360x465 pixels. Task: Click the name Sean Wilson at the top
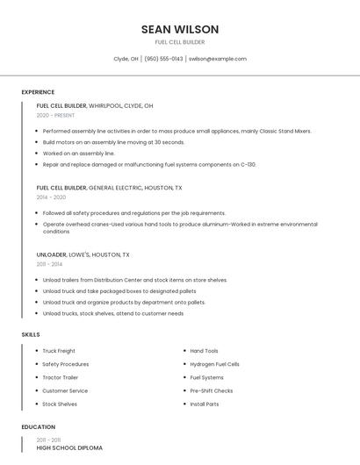point(179,29)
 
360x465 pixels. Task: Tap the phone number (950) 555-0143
point(163,59)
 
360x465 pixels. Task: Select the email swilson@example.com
point(218,59)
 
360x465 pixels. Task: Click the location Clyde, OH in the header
point(126,59)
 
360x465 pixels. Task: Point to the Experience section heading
point(38,92)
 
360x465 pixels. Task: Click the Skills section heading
point(31,334)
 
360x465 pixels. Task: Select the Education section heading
point(38,427)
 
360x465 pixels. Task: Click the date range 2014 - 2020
point(51,197)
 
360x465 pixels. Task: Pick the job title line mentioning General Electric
point(109,188)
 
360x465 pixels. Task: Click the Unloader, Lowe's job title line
point(83,254)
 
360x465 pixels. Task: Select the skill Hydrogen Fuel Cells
point(214,364)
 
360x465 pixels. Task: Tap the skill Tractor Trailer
point(61,377)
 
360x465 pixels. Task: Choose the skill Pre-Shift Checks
point(211,390)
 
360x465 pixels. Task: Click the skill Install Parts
point(205,404)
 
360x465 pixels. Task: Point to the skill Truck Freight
point(59,351)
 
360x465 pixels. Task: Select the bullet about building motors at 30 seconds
point(113,142)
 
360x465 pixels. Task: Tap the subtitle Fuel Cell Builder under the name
point(179,42)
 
